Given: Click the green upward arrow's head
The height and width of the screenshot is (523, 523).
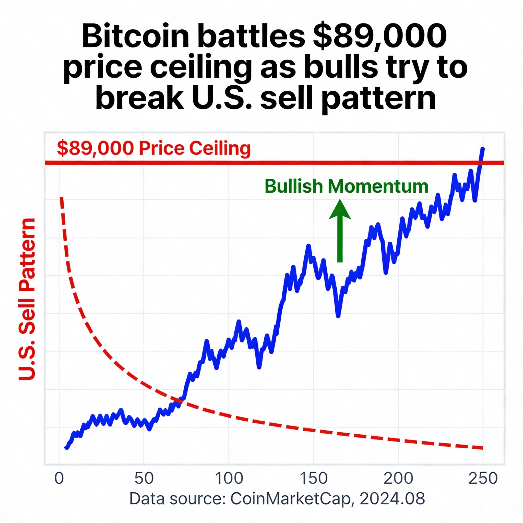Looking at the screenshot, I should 340,210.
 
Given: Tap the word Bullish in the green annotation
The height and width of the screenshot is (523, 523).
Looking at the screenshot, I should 294,186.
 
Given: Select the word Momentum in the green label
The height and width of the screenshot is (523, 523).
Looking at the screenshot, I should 378,186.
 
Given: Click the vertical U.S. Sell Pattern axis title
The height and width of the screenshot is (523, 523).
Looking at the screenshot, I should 27,299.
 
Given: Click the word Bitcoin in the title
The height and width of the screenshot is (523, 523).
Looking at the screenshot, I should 135,37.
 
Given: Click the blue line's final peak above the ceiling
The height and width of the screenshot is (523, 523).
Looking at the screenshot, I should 483,149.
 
